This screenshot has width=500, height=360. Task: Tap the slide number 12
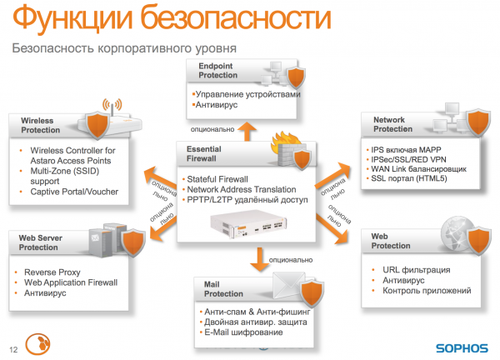coord(12,348)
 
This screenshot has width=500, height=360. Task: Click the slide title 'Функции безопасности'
coord(151,18)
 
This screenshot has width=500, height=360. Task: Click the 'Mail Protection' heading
coord(223,289)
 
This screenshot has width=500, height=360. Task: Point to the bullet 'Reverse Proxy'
coord(54,272)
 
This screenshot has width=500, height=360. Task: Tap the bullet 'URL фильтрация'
coord(417,270)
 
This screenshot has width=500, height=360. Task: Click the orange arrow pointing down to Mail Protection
coord(257,266)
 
